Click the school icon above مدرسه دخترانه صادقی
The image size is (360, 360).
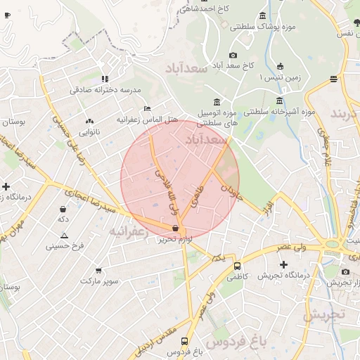(105, 79)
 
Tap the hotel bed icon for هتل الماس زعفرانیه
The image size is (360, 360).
(146, 108)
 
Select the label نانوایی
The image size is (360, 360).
(89, 131)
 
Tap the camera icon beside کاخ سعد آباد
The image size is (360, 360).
(233, 56)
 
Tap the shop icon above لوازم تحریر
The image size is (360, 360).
(174, 228)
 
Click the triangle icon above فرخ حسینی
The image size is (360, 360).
(65, 236)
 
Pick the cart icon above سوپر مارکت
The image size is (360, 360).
(98, 270)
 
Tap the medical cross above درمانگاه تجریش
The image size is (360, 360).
(283, 265)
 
